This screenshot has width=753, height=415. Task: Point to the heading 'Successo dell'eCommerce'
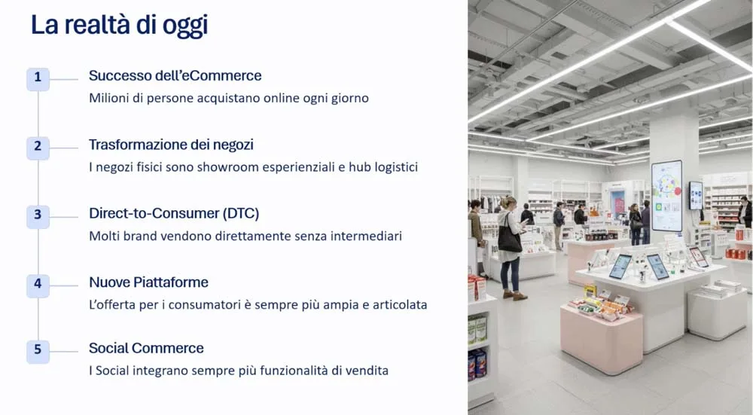point(175,75)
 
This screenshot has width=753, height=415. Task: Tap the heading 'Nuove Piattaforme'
point(148,282)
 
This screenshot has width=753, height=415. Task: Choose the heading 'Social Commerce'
point(146,348)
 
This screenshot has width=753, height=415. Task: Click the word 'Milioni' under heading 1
point(110,98)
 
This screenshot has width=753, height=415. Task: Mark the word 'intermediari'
point(365,236)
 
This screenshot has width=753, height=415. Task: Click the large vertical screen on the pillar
point(666,195)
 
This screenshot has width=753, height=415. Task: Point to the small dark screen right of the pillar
point(696,195)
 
